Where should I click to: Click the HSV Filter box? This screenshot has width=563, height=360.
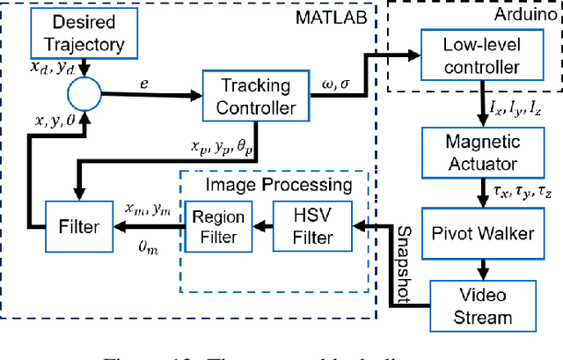(x=314, y=227)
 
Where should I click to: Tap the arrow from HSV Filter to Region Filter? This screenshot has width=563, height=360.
(x=266, y=226)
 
